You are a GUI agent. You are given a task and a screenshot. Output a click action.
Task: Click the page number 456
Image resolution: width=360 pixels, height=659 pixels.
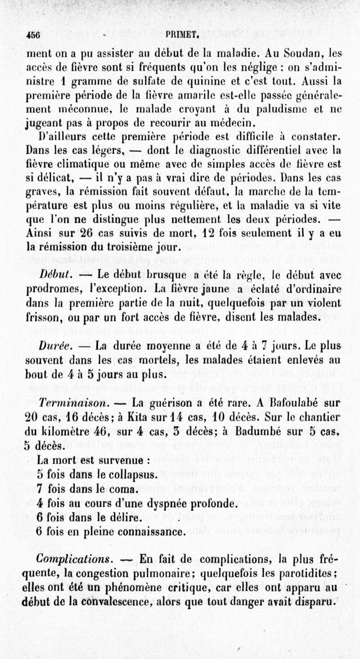(x=33, y=36)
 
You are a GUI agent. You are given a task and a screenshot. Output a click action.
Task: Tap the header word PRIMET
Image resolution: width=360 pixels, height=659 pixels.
(x=182, y=36)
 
